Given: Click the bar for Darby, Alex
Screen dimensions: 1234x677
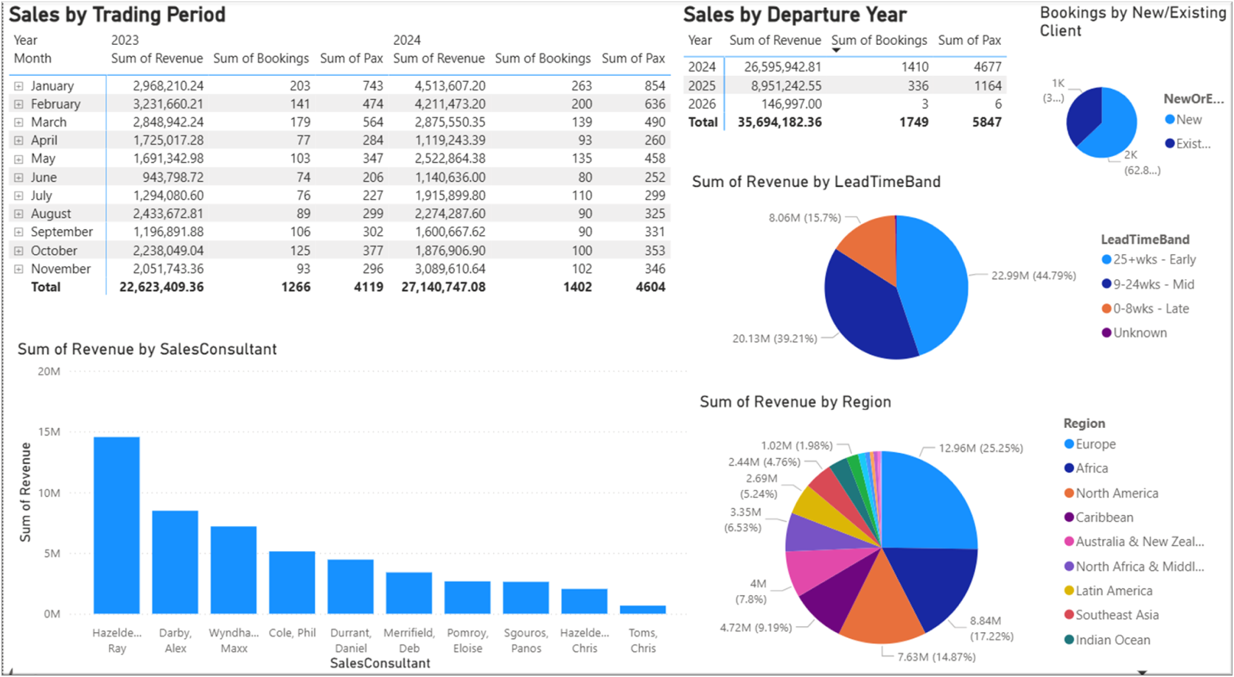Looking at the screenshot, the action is (175, 562).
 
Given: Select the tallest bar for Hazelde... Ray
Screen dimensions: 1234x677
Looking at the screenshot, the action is (116, 526).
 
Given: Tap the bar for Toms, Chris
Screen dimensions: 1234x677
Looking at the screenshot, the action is (643, 609).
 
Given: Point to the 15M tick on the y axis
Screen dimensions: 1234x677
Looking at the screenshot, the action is (49, 432).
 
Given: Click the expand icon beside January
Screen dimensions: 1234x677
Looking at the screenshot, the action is (18, 86).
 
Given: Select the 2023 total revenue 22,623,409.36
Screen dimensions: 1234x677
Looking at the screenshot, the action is (161, 287).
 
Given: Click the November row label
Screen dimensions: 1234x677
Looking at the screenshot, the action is (60, 269).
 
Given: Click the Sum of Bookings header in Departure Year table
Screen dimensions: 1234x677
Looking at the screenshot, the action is (879, 41).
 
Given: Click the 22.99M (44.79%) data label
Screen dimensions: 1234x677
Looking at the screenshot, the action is (1033, 276).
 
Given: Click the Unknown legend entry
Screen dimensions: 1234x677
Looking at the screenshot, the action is (1134, 332).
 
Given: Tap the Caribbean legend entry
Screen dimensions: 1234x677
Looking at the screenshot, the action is (1099, 517).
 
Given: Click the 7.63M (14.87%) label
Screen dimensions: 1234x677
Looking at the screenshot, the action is (936, 656).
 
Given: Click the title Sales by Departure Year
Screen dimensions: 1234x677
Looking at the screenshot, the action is (795, 15).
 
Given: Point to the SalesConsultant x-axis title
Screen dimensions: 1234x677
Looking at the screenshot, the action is (380, 663).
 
